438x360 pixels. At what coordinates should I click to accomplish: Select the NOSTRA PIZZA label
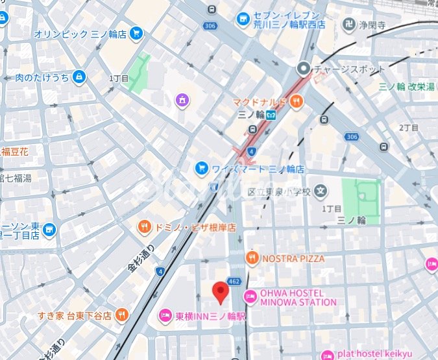point(293,258)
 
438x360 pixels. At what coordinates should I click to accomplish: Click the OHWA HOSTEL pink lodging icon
point(250,297)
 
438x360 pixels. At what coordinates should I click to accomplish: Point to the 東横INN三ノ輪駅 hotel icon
point(166,317)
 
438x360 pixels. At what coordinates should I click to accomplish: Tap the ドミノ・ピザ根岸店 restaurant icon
point(143,227)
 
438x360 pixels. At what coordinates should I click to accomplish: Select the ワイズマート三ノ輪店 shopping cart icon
point(202,169)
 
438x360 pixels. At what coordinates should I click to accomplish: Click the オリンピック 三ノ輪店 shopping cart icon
point(136,32)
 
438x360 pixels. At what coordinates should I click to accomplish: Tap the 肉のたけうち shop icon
point(79,77)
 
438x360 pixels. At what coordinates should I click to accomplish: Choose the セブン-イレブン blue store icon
point(243,19)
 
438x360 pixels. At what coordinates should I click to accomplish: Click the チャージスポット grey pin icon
point(304,69)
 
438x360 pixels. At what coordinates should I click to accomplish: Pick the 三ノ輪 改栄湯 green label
point(407,87)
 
